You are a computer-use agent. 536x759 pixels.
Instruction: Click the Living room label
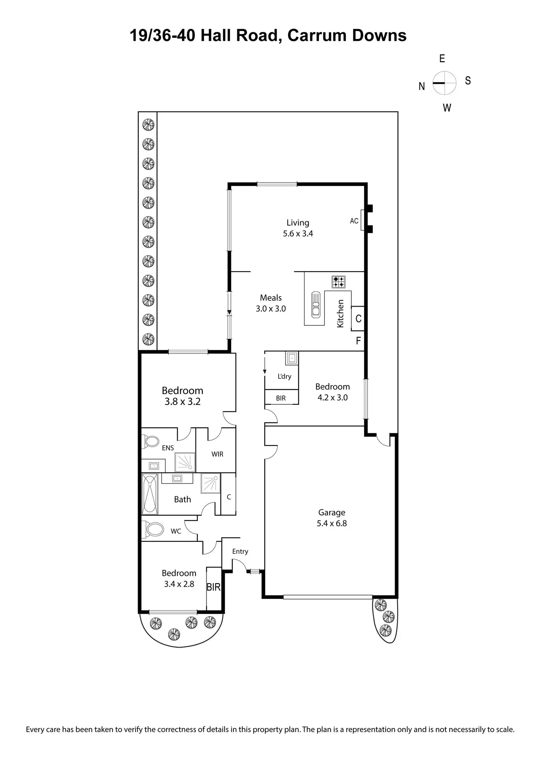tap(298, 223)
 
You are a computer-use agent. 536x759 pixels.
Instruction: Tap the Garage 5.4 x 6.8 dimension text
tap(332, 523)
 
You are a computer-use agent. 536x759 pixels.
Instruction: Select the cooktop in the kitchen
tap(339, 282)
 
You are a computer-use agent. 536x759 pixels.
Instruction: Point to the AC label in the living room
tap(354, 221)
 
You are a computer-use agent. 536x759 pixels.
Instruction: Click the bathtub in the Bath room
tap(150, 493)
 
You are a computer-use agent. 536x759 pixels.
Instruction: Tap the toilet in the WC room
tap(153, 529)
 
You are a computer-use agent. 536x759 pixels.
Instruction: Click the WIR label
tap(217, 454)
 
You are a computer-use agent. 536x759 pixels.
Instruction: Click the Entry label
tap(240, 551)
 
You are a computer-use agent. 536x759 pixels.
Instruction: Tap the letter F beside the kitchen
tap(358, 341)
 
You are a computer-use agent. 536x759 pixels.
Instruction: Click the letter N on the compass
tap(422, 86)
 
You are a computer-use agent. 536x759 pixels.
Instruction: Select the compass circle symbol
tap(444, 83)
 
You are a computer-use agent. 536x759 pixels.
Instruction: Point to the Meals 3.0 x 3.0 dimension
tap(271, 309)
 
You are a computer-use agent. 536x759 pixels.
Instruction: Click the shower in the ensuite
tap(185, 462)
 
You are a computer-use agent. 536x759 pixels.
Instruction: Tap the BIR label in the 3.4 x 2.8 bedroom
tap(213, 587)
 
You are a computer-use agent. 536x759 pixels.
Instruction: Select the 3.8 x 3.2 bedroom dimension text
tap(182, 402)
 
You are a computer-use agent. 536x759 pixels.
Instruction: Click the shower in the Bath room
tap(210, 483)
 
